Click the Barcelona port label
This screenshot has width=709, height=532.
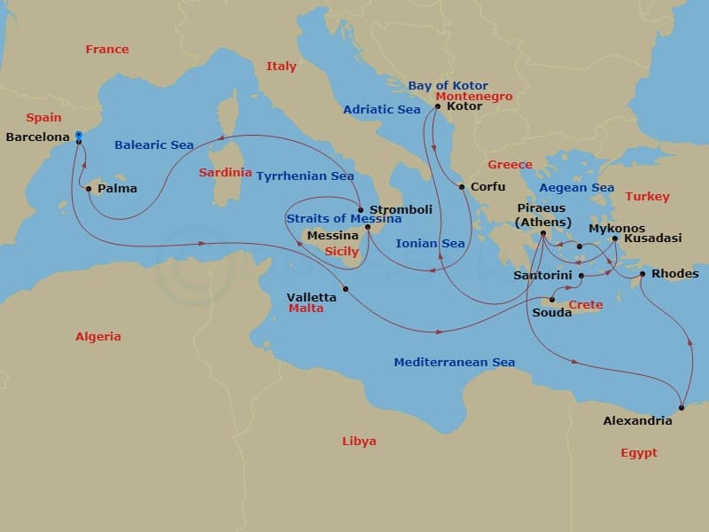[x=38, y=137]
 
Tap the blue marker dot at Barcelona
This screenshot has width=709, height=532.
[x=79, y=136]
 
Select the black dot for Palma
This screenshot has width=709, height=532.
[x=88, y=188]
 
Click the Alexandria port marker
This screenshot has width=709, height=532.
[x=681, y=408]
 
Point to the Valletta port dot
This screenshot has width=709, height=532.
[x=346, y=289]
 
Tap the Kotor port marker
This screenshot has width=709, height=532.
[x=437, y=107]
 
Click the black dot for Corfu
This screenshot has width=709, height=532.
[x=462, y=187]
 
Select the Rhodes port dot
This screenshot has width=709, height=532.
[x=643, y=273]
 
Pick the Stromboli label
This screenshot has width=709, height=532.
[x=401, y=210]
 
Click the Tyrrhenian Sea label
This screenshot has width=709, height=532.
[x=305, y=176]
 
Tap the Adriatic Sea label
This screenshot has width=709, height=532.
[x=381, y=110]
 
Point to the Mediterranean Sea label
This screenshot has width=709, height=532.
[x=454, y=363]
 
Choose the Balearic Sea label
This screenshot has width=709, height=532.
[x=154, y=145]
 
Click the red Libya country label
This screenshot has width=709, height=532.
[x=359, y=442]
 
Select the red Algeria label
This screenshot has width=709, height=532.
[x=97, y=337]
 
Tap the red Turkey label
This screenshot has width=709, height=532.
[x=647, y=197]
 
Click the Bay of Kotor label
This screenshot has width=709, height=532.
[x=448, y=86]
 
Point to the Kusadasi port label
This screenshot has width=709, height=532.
[x=652, y=239]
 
